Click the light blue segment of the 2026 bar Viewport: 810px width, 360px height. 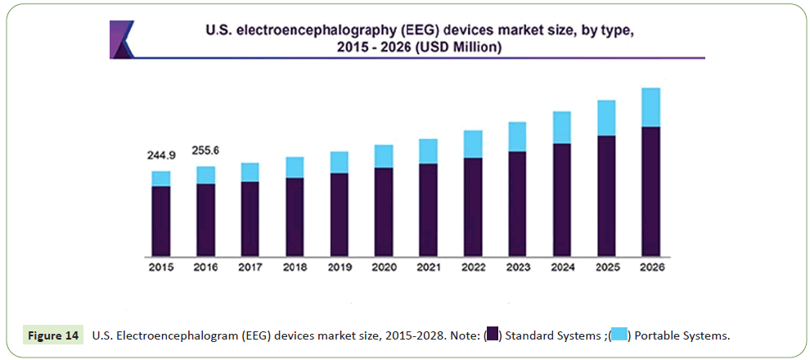pyautogui.click(x=650, y=107)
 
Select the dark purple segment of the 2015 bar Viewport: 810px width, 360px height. pyautogui.click(x=161, y=221)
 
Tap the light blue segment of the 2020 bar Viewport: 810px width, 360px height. pyautogui.click(x=384, y=156)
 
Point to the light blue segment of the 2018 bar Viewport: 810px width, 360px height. pyautogui.click(x=295, y=167)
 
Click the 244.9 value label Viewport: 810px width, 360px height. pyautogui.click(x=162, y=155)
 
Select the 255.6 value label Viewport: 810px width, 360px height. pyautogui.click(x=205, y=151)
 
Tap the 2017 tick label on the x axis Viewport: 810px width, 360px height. pyautogui.click(x=250, y=267)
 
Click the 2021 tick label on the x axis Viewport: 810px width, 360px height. pyautogui.click(x=428, y=267)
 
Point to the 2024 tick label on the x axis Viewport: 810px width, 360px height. pyautogui.click(x=562, y=267)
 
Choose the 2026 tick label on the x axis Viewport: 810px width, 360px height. pyautogui.click(x=650, y=267)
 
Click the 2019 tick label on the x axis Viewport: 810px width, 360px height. pyautogui.click(x=340, y=267)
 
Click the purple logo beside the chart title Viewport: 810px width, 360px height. pyautogui.click(x=122, y=38)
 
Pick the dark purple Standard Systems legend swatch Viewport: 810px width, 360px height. pyautogui.click(x=493, y=335)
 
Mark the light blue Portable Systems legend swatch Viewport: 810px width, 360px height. pyautogui.click(x=619, y=335)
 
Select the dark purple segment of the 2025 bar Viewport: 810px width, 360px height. pyautogui.click(x=606, y=196)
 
